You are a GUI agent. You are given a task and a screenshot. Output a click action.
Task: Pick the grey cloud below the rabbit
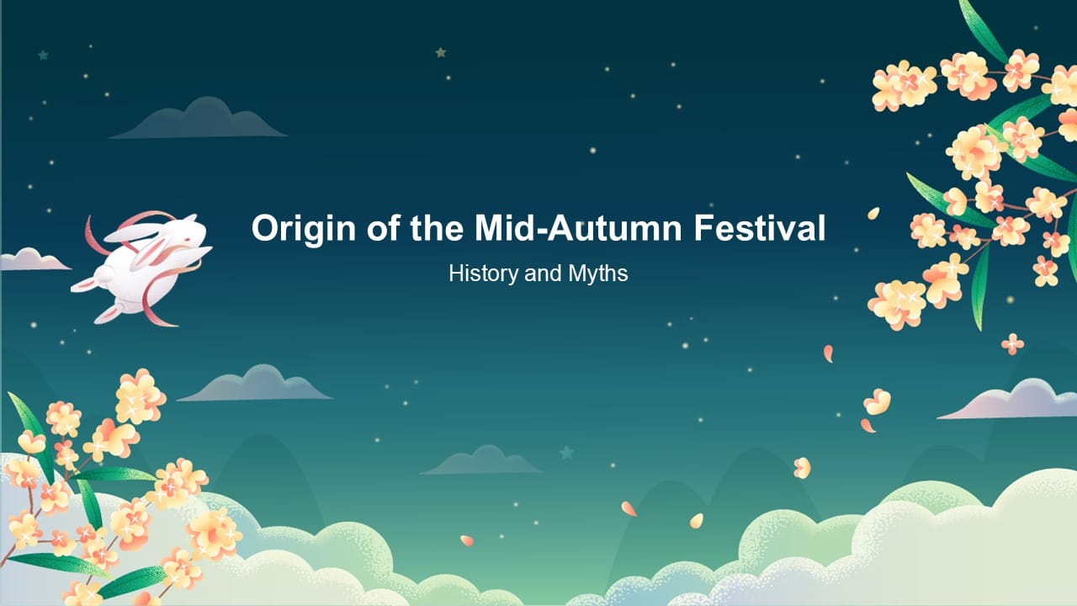255,385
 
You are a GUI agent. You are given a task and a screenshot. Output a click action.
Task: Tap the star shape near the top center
440,52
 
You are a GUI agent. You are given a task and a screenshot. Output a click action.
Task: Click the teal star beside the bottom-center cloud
567,453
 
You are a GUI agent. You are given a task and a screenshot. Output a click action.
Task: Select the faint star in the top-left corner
43,56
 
